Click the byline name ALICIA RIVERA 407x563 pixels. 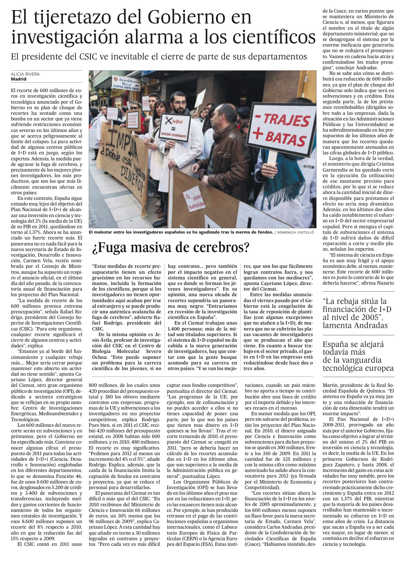(x=25, y=74)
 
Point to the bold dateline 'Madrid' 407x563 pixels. (x=19, y=79)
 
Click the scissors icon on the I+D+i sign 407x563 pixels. (x=169, y=121)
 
